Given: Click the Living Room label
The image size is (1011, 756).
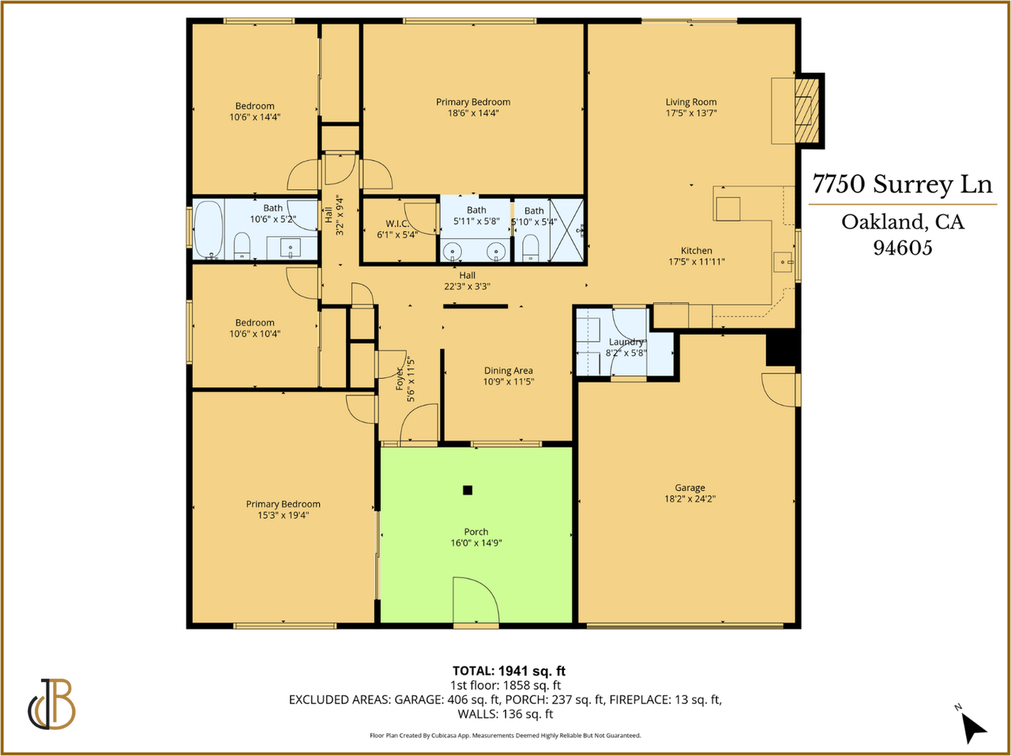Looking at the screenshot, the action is coord(691,102).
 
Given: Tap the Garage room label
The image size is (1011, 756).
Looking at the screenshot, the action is coord(690,488).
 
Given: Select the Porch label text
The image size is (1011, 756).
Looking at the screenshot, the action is coord(475,532).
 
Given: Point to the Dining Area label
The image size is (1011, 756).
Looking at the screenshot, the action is coord(509,370).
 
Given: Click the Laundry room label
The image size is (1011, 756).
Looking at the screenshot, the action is coord(626,342).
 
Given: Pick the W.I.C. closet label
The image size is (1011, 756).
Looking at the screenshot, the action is coord(397,224).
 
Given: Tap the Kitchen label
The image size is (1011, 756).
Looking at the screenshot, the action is coord(697,251).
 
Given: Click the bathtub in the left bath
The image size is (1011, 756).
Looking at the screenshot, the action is coord(209,229).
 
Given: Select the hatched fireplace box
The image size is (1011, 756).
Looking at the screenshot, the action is coord(807,111).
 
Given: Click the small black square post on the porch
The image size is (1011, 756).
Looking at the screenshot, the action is coord(468,490).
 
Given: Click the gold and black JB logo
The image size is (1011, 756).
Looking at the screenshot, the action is coord(51,704).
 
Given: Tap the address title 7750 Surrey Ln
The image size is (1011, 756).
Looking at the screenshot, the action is coord(902,184).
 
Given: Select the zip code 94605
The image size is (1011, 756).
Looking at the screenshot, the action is coord(903,248).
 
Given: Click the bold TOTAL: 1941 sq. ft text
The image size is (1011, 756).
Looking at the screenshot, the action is coord(509,671).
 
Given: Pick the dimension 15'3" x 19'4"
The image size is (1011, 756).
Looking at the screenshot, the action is coord(283,515).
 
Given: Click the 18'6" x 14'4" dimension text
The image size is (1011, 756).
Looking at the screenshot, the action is coord(473,113).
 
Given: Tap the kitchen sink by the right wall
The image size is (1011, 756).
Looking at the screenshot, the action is coord(783,262).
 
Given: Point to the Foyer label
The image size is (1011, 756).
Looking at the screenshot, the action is coord(400,379).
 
